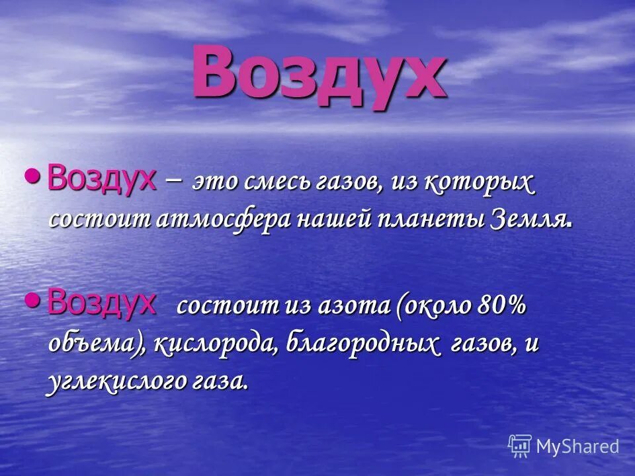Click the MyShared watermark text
pyautogui.click(x=577, y=446)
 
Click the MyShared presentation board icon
pyautogui.click(x=520, y=446)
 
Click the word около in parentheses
pyautogui.click(x=441, y=306)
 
